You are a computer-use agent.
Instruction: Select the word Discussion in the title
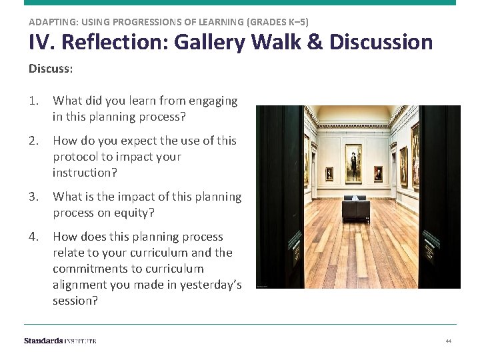pos(381,43)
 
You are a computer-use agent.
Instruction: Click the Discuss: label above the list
pos(49,69)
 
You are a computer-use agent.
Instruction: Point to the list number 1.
pos(33,101)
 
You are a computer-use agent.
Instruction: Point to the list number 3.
pos(33,197)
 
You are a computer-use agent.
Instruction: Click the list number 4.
pos(33,237)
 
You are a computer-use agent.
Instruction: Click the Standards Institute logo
pos(60,341)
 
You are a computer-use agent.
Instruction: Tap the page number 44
pos(449,341)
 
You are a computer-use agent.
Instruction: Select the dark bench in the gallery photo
pos(355,209)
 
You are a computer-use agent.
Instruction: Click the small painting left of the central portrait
pos(329,174)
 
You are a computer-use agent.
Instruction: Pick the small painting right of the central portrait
pos(378,173)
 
